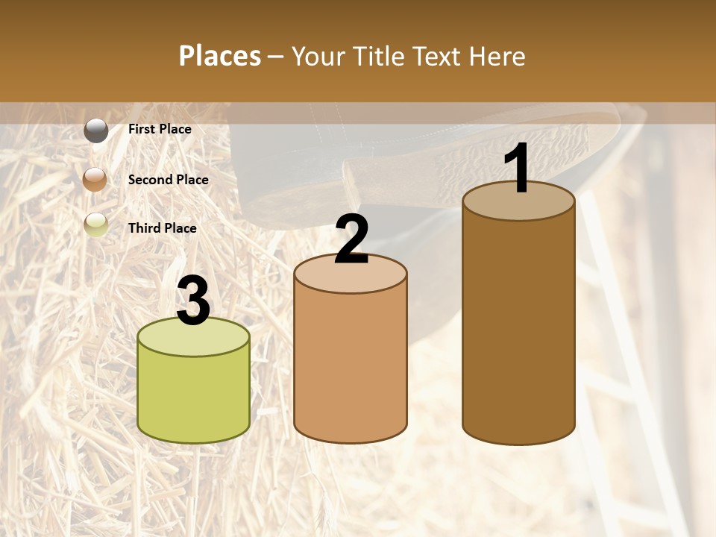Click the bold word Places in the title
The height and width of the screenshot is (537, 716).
[220, 56]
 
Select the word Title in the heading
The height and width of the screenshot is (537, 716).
[375, 56]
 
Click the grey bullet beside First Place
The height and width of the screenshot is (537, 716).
[96, 130]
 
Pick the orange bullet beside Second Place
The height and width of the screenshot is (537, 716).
[96, 180]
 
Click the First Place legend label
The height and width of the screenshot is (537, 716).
[160, 129]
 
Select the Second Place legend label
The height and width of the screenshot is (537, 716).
[168, 180]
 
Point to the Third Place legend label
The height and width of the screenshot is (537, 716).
[163, 228]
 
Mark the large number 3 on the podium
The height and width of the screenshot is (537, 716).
[194, 301]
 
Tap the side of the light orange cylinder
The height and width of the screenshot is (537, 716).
[351, 365]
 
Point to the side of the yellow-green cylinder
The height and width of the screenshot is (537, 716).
[194, 395]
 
